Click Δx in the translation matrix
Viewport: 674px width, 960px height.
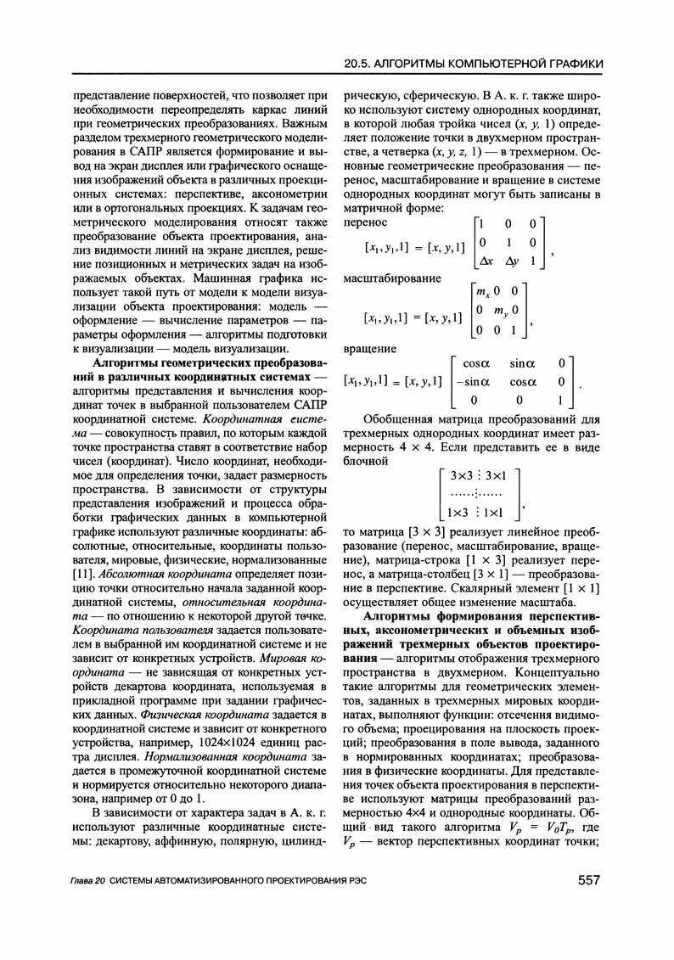click(486, 261)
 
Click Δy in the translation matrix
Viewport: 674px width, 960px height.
click(511, 261)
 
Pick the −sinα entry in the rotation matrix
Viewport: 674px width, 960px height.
click(470, 382)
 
